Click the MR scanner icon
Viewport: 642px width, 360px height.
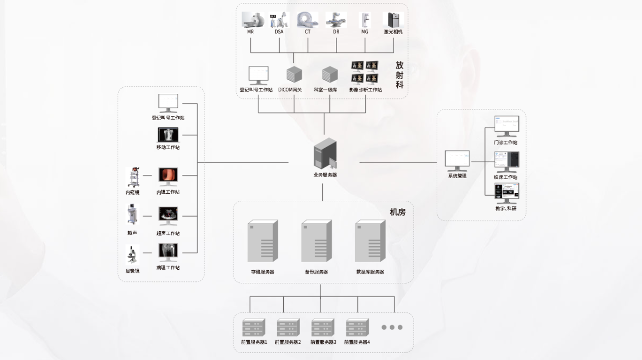pos(252,19)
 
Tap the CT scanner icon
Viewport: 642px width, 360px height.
pos(307,19)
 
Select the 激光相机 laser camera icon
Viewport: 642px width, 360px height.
pos(393,20)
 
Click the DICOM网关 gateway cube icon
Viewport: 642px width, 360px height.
pos(294,74)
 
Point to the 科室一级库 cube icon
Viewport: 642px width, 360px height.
pos(329,74)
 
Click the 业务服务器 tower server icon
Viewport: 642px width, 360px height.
pos(325,154)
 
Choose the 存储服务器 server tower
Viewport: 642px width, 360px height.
pos(262,241)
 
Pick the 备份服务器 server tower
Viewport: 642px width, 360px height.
pos(316,241)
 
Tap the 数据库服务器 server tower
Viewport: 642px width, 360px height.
pos(370,241)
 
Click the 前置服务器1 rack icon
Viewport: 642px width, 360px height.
pos(254,328)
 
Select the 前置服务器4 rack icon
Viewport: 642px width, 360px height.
pos(357,328)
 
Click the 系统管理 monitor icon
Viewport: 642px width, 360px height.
pos(457,161)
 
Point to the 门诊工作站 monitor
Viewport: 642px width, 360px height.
pos(507,126)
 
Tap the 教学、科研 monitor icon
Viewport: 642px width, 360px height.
pos(507,193)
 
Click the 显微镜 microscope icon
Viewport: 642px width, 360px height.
pos(132,255)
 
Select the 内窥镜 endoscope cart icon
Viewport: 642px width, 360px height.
pos(133,177)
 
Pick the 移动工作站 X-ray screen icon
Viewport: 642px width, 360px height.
pos(168,135)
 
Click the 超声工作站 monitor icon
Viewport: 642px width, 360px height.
pos(168,216)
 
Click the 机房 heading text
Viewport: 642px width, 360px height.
pos(398,212)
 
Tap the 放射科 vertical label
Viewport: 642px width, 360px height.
pos(399,75)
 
